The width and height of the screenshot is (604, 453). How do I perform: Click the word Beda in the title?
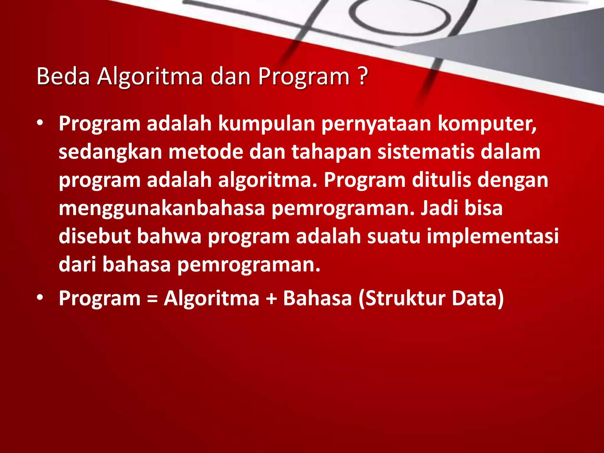[63, 76]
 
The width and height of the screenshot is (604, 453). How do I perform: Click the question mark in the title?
[363, 76]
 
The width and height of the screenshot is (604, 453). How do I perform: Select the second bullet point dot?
[40, 298]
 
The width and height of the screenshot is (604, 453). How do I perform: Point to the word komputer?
[487, 124]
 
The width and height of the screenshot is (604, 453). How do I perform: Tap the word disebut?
[94, 236]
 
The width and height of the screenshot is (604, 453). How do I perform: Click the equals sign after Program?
[152, 298]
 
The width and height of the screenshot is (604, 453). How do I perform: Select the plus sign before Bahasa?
[271, 298]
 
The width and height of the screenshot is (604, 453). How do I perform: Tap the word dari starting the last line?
[77, 264]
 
